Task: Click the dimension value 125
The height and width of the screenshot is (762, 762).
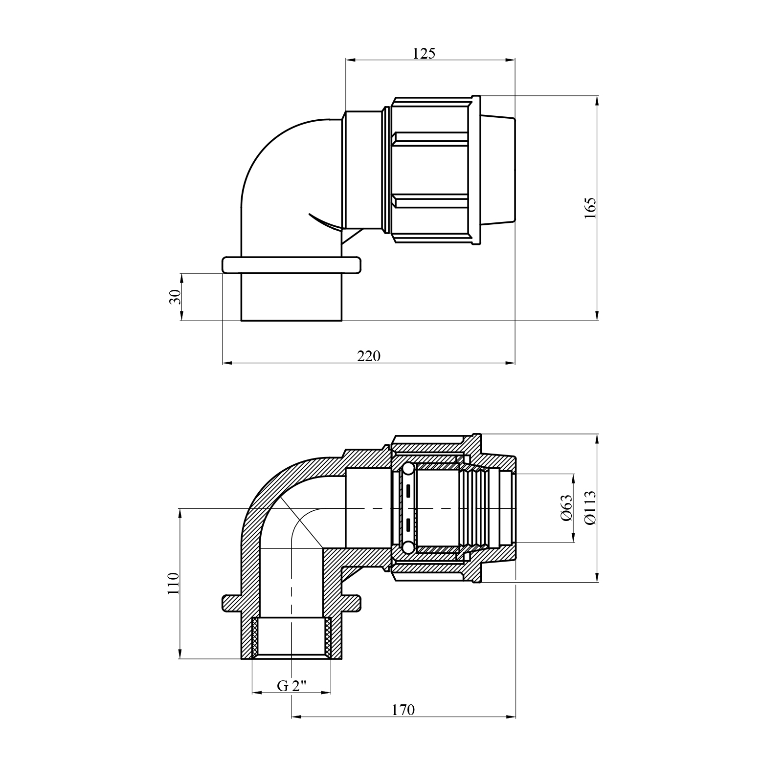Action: (424, 53)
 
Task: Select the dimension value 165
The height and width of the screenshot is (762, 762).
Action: (590, 208)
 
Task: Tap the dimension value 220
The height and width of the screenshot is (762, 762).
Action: (368, 356)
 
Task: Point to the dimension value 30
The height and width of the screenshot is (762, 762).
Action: (175, 297)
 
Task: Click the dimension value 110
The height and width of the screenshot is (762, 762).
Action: (174, 583)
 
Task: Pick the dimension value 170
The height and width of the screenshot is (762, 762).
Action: (403, 710)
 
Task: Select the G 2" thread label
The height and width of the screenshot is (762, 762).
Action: (291, 686)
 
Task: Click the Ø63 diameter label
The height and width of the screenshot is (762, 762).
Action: (566, 508)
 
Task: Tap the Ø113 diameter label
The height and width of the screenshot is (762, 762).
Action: (590, 508)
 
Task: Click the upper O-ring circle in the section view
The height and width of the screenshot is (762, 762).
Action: (407, 470)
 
